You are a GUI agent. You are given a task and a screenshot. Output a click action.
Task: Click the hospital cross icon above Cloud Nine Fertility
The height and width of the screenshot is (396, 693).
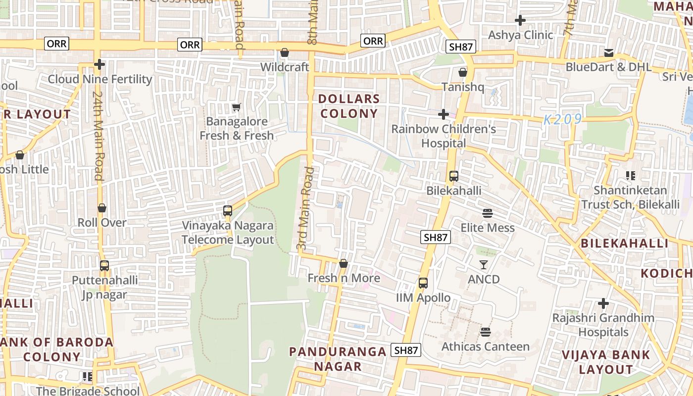(x=99, y=64)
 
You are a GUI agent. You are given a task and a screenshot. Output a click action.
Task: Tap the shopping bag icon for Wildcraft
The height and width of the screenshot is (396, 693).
(x=285, y=52)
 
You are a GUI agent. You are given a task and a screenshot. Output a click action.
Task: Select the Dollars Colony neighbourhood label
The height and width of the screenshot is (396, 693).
(x=349, y=106)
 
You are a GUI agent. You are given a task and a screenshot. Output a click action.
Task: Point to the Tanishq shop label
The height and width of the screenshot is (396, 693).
(x=462, y=87)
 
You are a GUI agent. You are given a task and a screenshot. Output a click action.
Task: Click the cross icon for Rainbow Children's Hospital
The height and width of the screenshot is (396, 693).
(x=444, y=114)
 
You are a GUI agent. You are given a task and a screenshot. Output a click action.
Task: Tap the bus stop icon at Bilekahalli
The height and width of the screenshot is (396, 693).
(x=453, y=176)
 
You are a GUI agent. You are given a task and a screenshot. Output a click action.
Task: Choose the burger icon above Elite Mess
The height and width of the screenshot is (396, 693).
(x=488, y=213)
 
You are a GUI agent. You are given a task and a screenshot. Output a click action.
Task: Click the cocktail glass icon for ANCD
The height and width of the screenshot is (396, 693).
(x=484, y=265)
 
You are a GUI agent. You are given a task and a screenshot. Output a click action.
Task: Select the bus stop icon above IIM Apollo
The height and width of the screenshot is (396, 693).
(x=423, y=283)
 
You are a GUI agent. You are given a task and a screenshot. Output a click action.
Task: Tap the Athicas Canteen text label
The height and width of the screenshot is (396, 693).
(x=485, y=346)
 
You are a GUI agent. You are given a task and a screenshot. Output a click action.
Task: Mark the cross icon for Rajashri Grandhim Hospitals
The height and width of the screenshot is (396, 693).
(x=603, y=303)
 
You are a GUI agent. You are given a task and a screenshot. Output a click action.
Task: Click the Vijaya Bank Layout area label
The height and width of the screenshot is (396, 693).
(x=606, y=362)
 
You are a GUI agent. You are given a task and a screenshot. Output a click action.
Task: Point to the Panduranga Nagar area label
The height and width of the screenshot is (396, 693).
(x=338, y=359)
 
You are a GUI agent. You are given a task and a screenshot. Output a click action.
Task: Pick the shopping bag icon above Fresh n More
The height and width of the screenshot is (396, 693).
(x=344, y=263)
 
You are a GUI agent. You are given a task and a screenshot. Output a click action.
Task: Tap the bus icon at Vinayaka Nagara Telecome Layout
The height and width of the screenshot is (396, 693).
(x=228, y=211)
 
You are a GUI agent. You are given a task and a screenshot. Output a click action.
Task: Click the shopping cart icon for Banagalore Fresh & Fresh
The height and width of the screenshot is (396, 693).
(x=237, y=107)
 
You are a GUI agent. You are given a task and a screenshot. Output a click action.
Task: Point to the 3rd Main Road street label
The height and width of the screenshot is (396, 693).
(x=305, y=208)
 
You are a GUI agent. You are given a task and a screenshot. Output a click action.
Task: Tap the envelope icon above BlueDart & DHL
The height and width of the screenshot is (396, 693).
(x=609, y=52)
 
